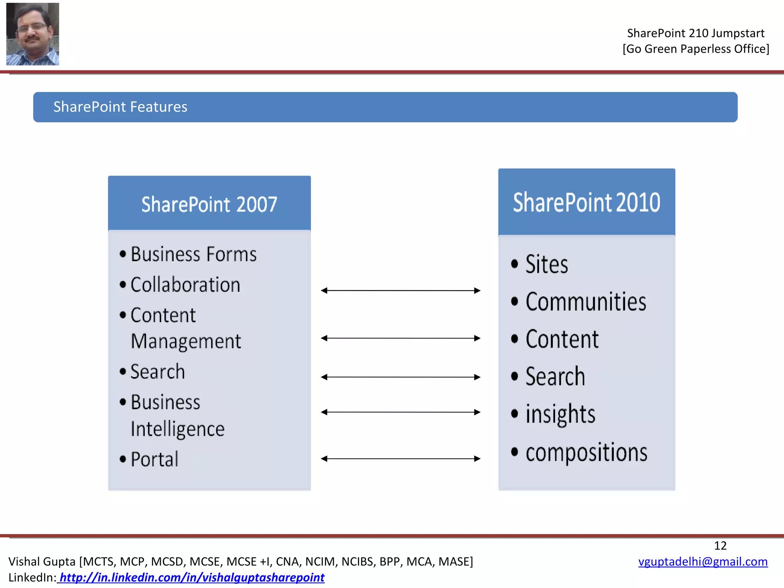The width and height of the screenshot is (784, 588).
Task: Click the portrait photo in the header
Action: pos(33,34)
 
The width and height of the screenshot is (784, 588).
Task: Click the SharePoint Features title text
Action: pos(120,107)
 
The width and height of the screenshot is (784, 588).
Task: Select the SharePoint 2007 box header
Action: pos(209,204)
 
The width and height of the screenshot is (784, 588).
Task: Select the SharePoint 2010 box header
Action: pos(586,202)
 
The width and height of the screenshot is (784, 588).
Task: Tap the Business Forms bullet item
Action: pos(193,255)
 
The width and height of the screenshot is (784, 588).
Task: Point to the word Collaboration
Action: pos(185,285)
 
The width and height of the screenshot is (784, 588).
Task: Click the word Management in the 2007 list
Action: pos(186,341)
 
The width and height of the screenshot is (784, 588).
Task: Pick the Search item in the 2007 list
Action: pos(157,372)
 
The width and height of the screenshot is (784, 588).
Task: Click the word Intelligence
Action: pos(178,429)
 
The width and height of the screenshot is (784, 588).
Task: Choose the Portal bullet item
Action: pos(154,459)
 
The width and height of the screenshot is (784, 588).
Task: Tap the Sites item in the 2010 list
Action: pos(546,265)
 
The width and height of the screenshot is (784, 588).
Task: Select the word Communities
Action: pos(585,302)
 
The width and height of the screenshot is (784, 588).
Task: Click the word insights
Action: pos(560,414)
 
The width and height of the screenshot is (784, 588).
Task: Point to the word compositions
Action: pos(586,453)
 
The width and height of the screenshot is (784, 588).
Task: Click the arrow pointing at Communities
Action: pos(400,291)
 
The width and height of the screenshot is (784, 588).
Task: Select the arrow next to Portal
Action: pos(400,459)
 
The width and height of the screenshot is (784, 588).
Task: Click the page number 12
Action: pos(720,546)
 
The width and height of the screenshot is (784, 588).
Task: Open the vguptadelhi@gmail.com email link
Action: pos(702,562)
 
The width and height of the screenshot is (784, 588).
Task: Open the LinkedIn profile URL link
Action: pos(191,577)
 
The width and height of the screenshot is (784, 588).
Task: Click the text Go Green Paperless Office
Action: pos(696,49)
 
